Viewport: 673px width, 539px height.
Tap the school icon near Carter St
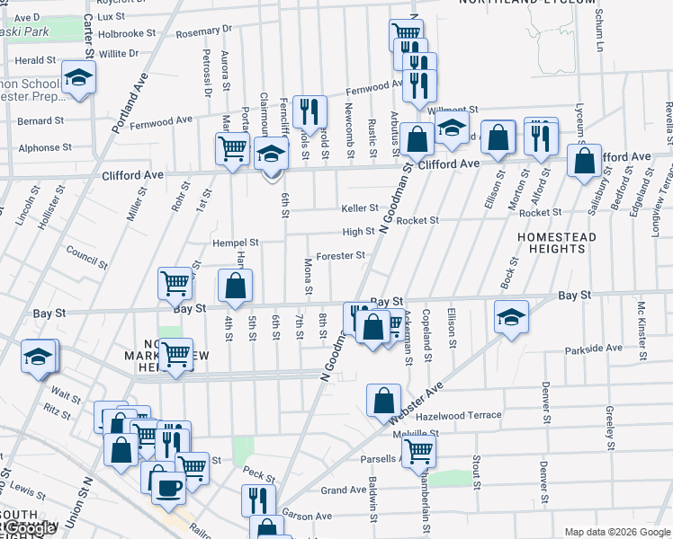[x=79, y=76]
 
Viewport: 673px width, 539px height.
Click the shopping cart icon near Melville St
[x=419, y=452]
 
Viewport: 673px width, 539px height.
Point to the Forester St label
[x=339, y=255]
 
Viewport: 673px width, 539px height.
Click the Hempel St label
[x=235, y=243]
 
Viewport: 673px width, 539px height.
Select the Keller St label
[x=360, y=208]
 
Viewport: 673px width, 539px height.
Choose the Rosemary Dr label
[x=198, y=33]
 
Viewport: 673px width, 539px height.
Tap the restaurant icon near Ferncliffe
[x=309, y=111]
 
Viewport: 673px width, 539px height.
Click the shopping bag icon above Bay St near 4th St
[x=236, y=287]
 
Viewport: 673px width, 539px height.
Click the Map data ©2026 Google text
[x=617, y=532]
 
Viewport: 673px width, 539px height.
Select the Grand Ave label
[x=344, y=490]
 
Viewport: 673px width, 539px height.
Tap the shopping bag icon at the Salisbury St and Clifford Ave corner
[x=585, y=161]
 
